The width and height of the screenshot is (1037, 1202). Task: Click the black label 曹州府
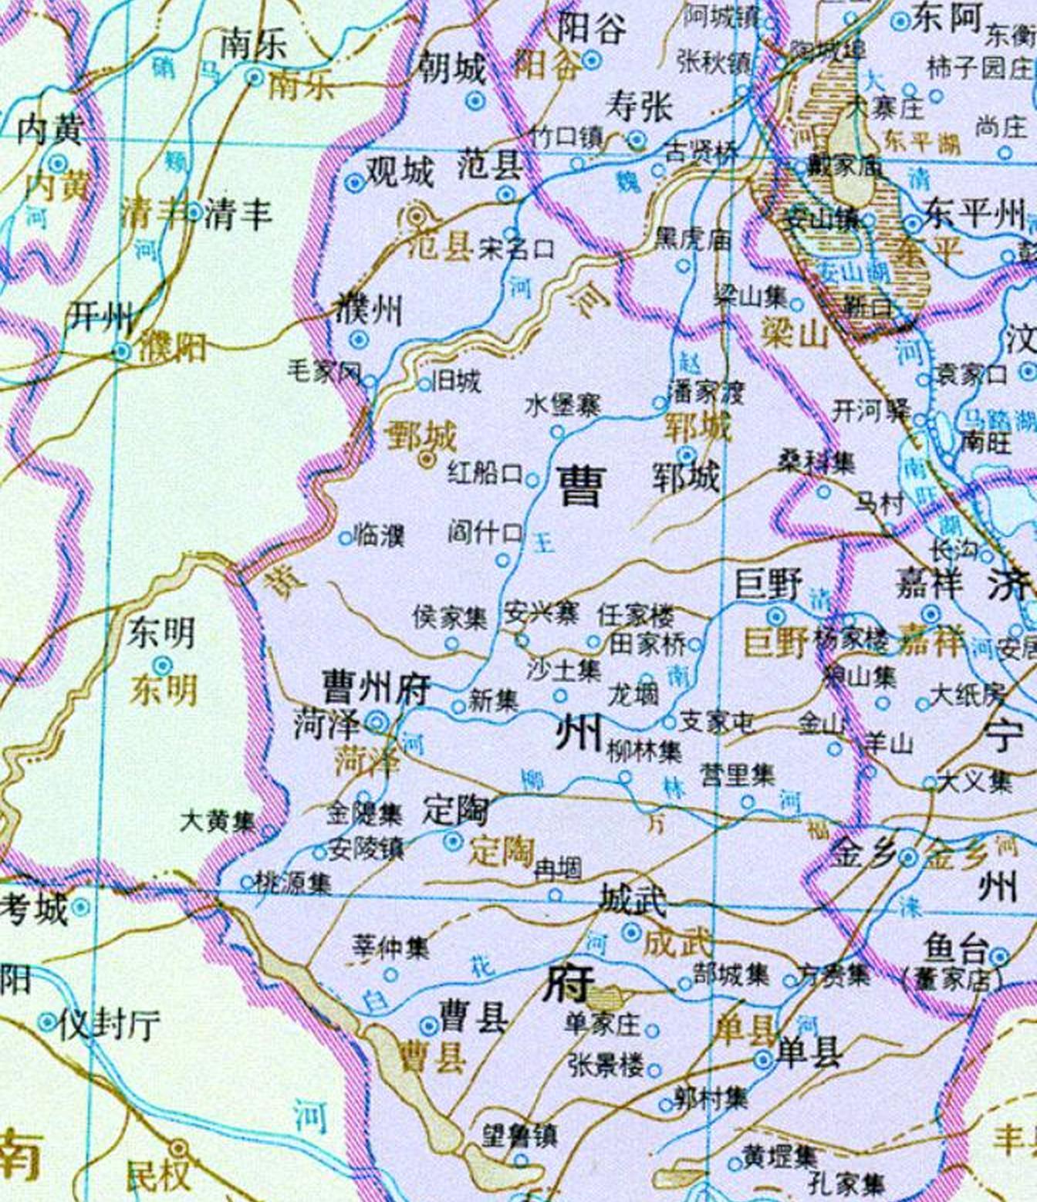pos(377,687)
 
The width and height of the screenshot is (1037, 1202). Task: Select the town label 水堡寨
pos(562,405)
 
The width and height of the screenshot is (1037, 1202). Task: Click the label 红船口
pos(485,473)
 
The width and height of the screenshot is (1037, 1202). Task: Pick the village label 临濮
pos(379,535)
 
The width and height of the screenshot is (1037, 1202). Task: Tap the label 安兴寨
pos(542,614)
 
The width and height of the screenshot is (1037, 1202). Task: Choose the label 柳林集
pos(644,751)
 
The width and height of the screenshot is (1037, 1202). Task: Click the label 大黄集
pos(218,821)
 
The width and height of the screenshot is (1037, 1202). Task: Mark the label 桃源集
pos(293,882)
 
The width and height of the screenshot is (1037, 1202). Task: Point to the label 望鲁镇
pos(519,1135)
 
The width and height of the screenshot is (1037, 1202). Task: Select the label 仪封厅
pos(110,1024)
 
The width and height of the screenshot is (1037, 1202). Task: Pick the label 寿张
pos(639,106)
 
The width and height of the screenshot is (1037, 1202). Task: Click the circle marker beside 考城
pos(80,907)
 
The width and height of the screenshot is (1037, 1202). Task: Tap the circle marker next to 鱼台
pos(1000,957)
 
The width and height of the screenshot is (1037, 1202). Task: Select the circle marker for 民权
pos(180,1149)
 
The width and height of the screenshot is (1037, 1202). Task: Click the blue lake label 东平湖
pos(922,142)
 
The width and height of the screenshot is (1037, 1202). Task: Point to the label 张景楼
pos(606,1065)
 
